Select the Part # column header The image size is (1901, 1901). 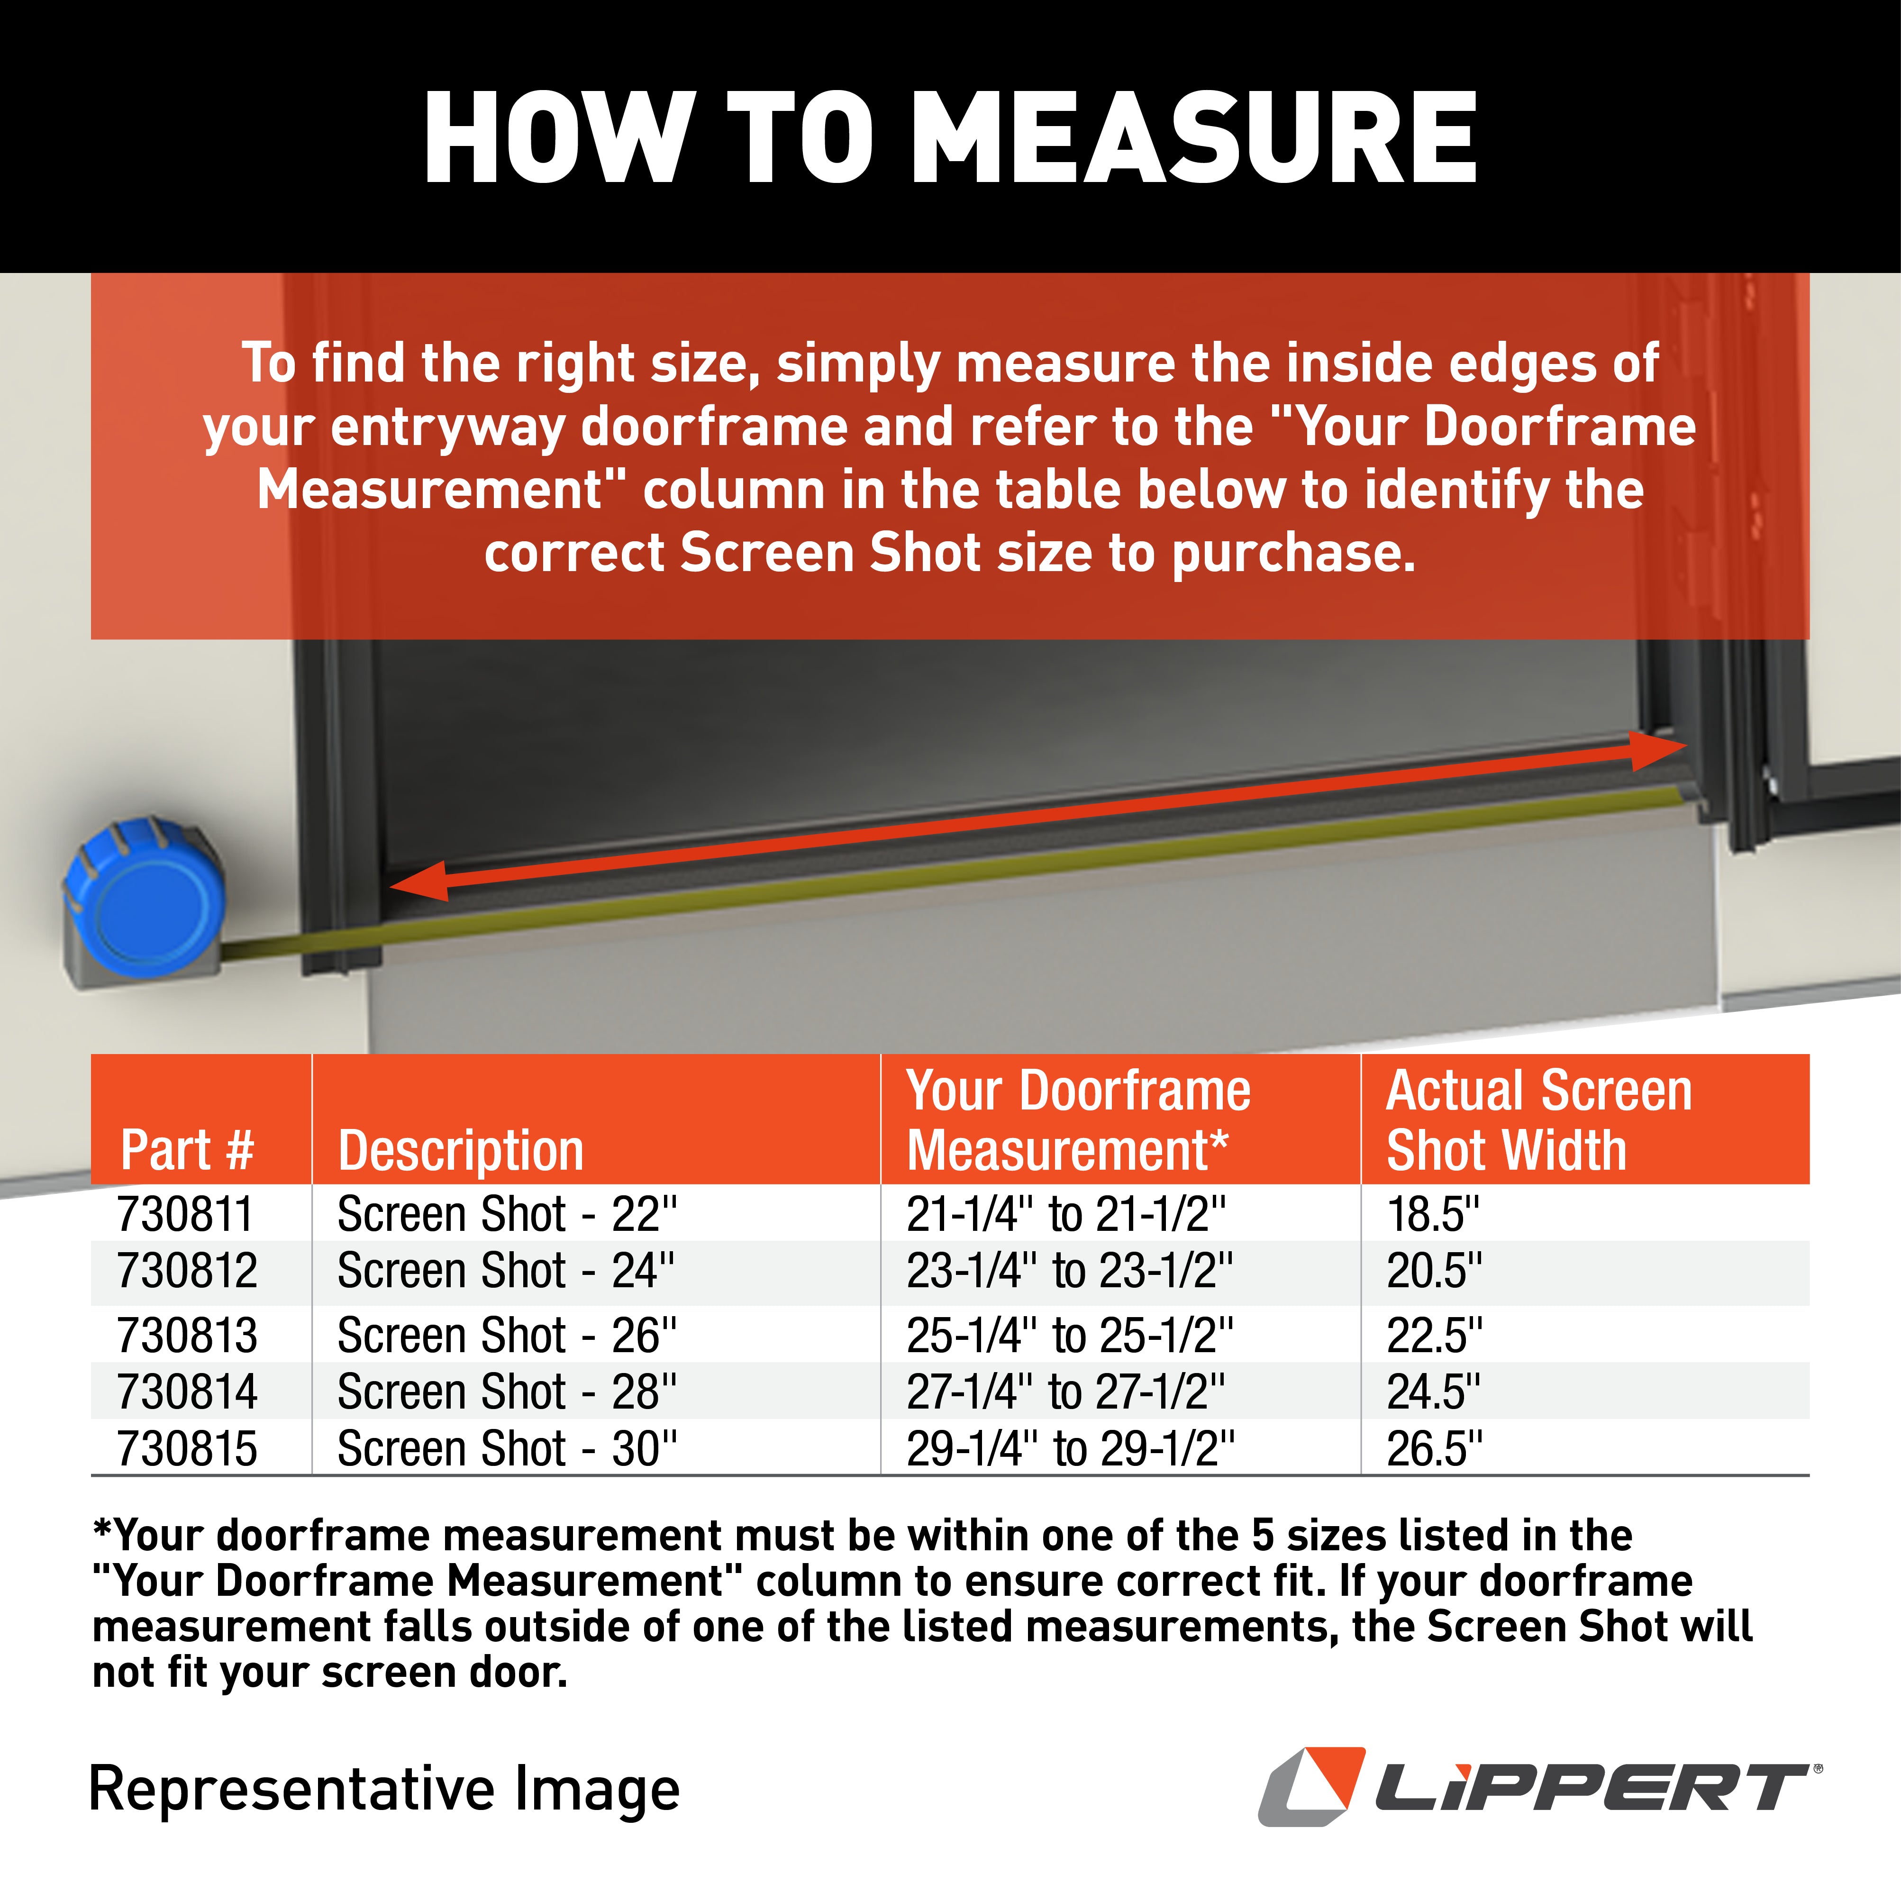[x=187, y=1149]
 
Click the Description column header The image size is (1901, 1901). [x=461, y=1149]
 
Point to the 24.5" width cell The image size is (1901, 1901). [x=1433, y=1392]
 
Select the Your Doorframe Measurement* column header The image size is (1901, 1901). [x=1077, y=1120]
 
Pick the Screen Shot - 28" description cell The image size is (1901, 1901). [x=507, y=1392]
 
